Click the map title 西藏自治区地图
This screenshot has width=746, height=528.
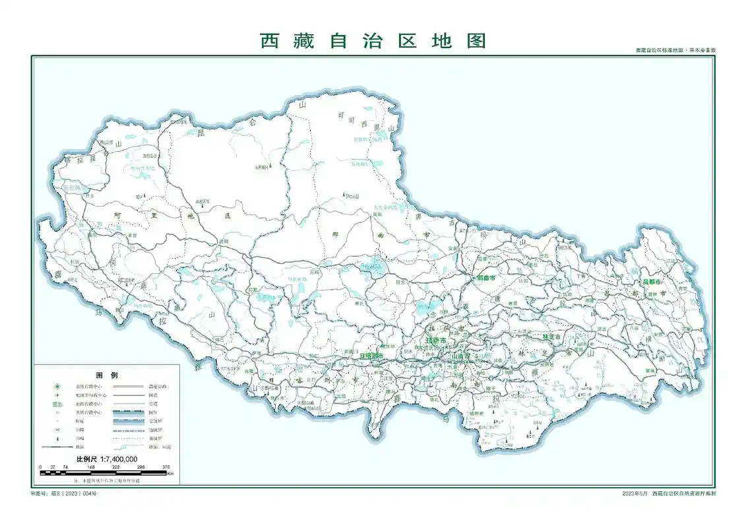pyautogui.click(x=373, y=41)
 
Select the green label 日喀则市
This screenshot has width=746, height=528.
pyautogui.click(x=372, y=355)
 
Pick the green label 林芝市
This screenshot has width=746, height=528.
pyautogui.click(x=551, y=337)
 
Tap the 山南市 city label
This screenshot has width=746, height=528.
pyautogui.click(x=460, y=356)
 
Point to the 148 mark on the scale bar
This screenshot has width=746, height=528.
pyautogui.click(x=90, y=467)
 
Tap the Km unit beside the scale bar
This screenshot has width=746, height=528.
pyautogui.click(x=170, y=473)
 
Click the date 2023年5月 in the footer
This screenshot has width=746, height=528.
pyautogui.click(x=635, y=494)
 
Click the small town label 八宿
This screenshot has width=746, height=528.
pyautogui.click(x=633, y=326)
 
